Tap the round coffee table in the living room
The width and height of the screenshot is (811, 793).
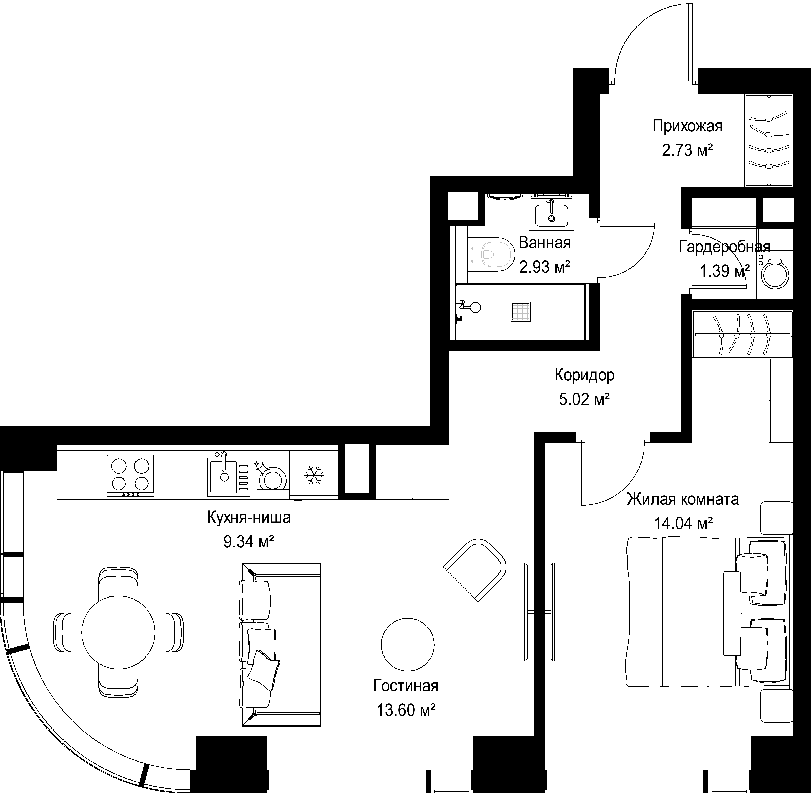click(x=407, y=645)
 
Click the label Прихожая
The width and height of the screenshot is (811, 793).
click(x=687, y=126)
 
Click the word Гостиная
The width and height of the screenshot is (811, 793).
click(x=406, y=686)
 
